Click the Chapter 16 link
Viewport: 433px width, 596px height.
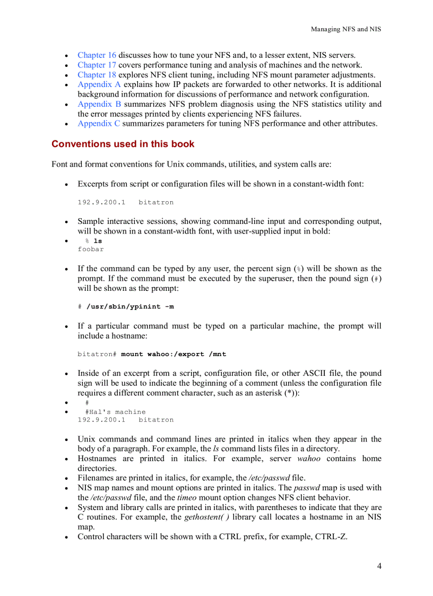tap(97, 55)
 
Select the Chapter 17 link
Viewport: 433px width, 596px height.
tap(97, 65)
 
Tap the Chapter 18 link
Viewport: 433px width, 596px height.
tap(97, 75)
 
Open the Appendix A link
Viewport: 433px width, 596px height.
tap(99, 84)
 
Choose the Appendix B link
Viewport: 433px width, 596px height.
tap(99, 104)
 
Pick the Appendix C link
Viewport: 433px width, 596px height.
tap(99, 124)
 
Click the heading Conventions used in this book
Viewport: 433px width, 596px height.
tap(123, 144)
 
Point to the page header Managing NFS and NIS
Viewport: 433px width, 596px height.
tap(345, 29)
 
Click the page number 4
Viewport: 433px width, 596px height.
tap(379, 566)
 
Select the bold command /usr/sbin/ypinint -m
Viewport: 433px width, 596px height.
tap(129, 307)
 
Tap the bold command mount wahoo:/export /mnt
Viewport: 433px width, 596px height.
tap(174, 354)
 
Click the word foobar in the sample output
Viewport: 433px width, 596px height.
tap(91, 249)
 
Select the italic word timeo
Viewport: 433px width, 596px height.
tap(186, 497)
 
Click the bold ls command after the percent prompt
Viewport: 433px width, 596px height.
tap(98, 241)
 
